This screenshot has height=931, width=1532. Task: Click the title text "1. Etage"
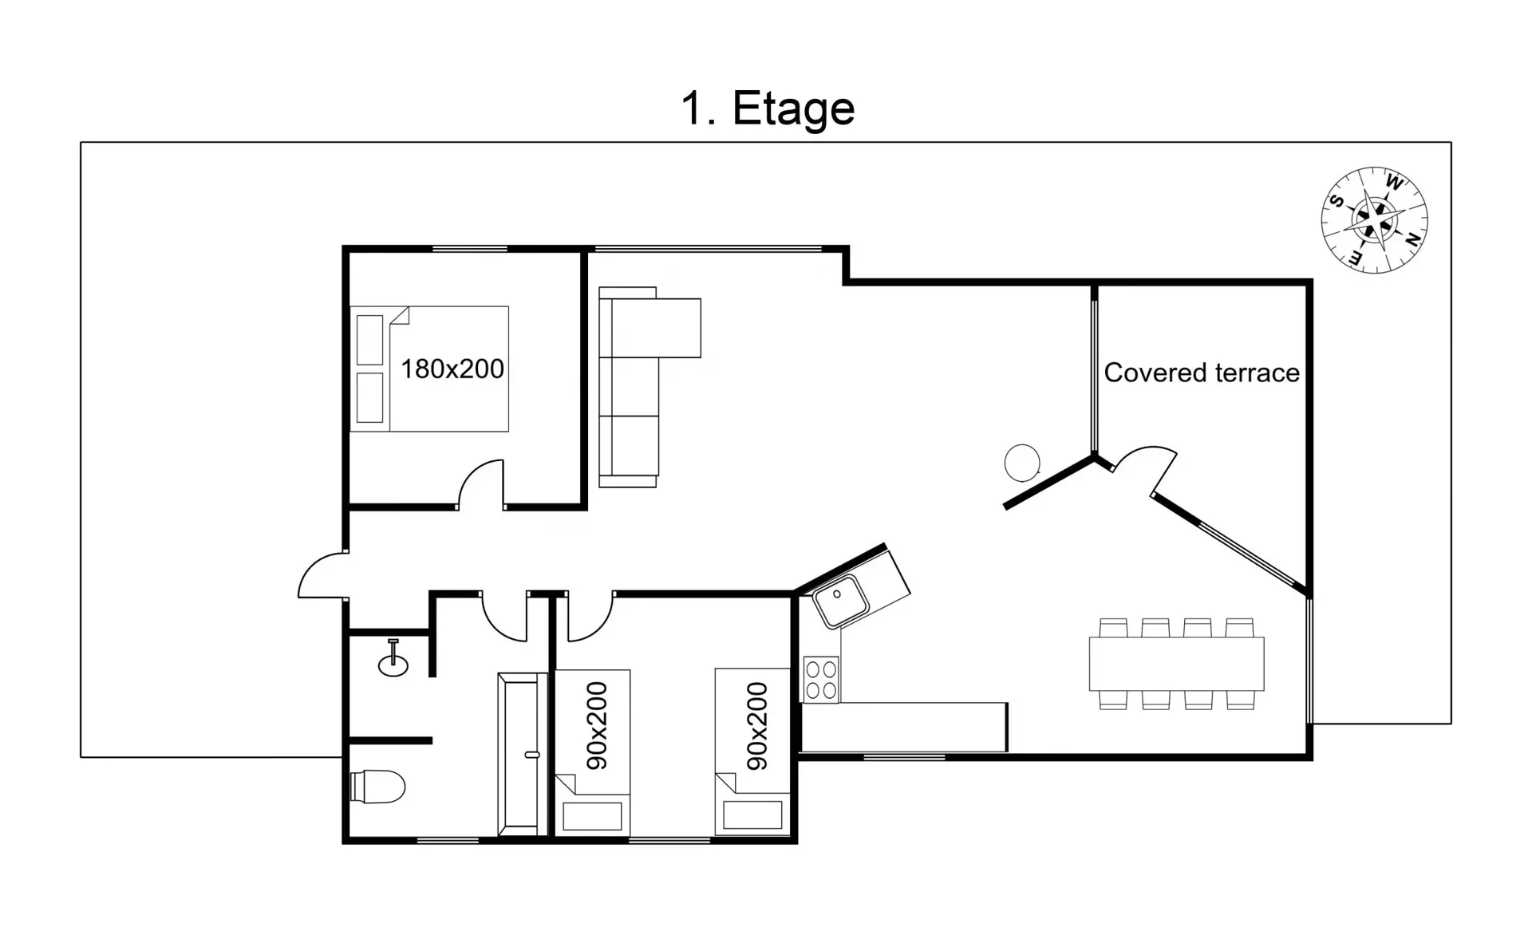(768, 108)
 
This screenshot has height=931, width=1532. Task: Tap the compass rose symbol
(1374, 220)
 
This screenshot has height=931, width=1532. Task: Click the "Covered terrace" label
(1202, 373)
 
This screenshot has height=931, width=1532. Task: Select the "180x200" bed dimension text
(452, 369)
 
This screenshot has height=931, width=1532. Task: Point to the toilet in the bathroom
(378, 786)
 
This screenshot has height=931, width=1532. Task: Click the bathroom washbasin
(393, 660)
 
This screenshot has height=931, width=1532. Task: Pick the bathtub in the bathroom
(522, 754)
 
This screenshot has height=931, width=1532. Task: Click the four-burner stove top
(821, 680)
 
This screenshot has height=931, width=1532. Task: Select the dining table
(1176, 664)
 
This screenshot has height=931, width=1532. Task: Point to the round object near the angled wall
(1022, 463)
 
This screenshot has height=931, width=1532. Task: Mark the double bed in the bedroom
(429, 369)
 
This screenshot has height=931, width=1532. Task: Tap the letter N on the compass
(1412, 238)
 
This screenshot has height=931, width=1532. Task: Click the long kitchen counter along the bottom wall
(904, 727)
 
